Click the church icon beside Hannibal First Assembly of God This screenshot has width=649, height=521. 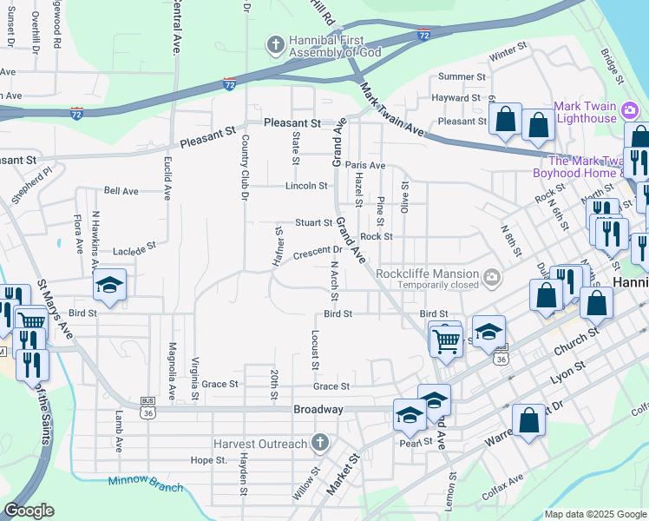(275, 44)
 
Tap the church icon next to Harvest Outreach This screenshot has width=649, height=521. (320, 444)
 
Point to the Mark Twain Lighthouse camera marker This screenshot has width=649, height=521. (630, 110)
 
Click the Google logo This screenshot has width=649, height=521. (29, 511)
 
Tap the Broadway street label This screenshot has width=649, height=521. (318, 409)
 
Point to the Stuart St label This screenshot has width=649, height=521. (313, 223)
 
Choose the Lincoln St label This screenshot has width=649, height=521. (307, 186)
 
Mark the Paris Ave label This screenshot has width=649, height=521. (364, 165)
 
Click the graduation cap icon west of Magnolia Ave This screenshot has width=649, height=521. (110, 284)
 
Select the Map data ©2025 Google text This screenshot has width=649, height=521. (595, 514)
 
